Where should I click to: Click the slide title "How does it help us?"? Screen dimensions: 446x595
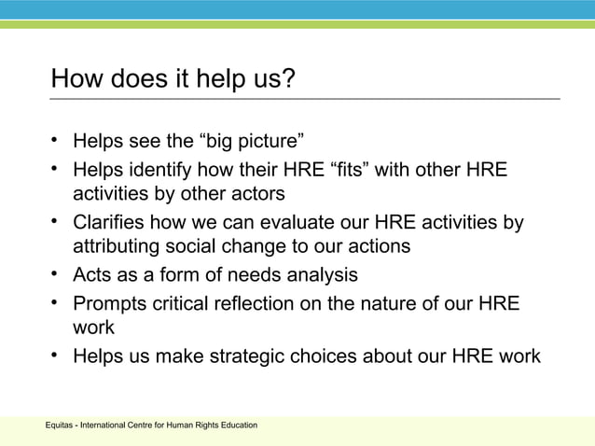tap(173, 77)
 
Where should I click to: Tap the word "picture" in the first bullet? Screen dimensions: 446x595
tap(267, 143)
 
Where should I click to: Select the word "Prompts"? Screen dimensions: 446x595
tap(109, 303)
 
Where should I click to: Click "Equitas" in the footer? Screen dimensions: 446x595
tap(60, 426)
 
